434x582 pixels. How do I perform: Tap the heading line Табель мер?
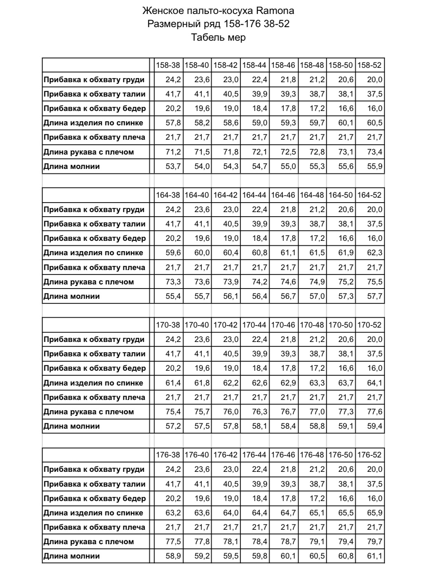tap(218, 37)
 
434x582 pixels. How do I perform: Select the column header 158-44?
tap(254, 65)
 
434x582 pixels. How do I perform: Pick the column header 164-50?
tap(341, 195)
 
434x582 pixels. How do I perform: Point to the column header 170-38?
tap(168, 325)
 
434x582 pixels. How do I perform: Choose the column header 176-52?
tap(370, 455)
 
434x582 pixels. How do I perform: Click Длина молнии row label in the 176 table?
tap(72, 556)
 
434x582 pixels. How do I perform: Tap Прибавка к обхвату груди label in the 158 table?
tap(94, 80)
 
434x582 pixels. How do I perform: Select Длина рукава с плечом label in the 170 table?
tap(89, 412)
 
